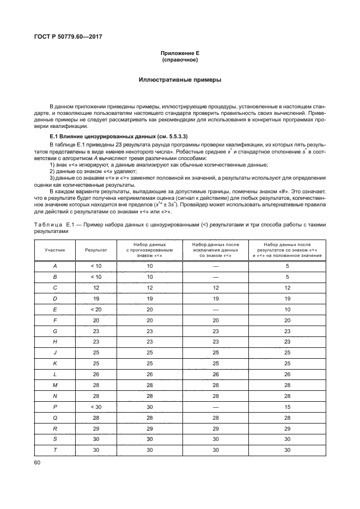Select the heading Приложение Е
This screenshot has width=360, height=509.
pyautogui.click(x=180, y=52)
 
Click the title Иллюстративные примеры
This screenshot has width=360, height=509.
pyautogui.click(x=180, y=80)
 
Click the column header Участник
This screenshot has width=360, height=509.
pyautogui.click(x=55, y=250)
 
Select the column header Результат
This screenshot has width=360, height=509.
pyautogui.click(x=96, y=250)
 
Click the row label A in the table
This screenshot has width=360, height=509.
pyautogui.click(x=55, y=266)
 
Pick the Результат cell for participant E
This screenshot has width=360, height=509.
pyautogui.click(x=96, y=309)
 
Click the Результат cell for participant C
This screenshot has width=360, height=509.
pyautogui.click(x=96, y=287)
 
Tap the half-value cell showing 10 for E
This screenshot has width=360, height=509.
pyautogui.click(x=286, y=309)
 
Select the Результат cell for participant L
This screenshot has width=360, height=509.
pyautogui.click(x=96, y=375)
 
